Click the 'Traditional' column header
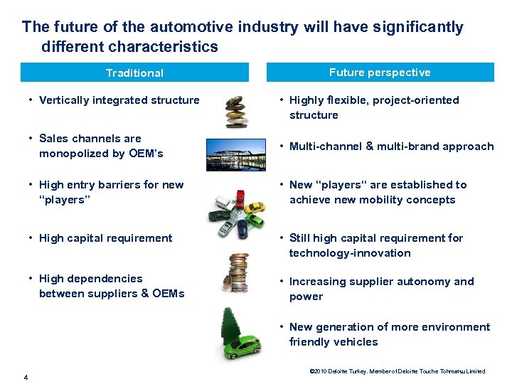[134, 73]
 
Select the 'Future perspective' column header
[380, 73]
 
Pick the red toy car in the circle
[240, 197]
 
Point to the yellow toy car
[256, 207]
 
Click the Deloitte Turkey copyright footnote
[397, 371]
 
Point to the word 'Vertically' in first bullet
[65, 100]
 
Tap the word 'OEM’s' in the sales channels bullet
[146, 154]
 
